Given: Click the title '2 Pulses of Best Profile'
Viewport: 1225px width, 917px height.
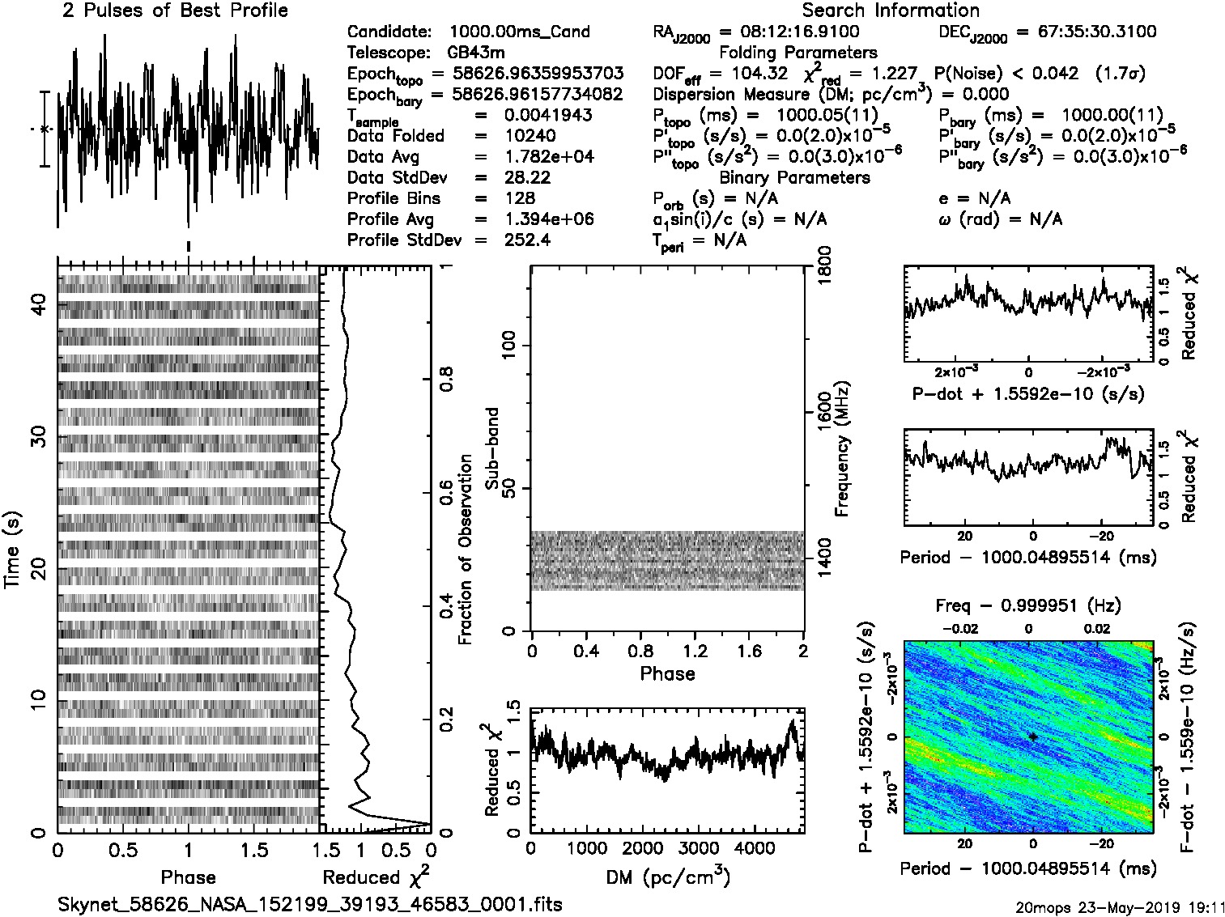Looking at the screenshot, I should pyautogui.click(x=175, y=11).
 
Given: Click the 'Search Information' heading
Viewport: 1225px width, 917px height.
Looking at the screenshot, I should pyautogui.click(x=891, y=11).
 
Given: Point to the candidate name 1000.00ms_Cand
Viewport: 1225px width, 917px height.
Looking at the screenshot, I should pyautogui.click(x=519, y=32).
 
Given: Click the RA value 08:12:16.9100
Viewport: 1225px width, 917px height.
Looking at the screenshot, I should pyautogui.click(x=799, y=32).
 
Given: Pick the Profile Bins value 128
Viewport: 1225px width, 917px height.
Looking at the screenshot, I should pyautogui.click(x=519, y=198).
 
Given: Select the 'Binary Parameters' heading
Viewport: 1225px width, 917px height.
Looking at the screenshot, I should pyautogui.click(x=794, y=177).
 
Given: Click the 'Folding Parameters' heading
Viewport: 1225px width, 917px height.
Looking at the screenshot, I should pyautogui.click(x=798, y=53).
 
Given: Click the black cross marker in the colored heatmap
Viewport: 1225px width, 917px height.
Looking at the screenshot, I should pyautogui.click(x=1032, y=737).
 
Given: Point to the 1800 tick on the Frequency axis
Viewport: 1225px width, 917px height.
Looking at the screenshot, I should pyautogui.click(x=824, y=265).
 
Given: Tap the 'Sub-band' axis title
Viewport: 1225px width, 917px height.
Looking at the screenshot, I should pyautogui.click(x=491, y=448).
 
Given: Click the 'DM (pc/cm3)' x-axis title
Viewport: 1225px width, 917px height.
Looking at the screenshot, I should pyautogui.click(x=667, y=877).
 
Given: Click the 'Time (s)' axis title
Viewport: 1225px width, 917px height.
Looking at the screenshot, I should pyautogui.click(x=12, y=550).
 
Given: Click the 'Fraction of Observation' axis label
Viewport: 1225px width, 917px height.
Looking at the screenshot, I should pyautogui.click(x=465, y=550).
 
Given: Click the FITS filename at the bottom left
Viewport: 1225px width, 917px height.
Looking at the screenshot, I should pyautogui.click(x=310, y=904).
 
